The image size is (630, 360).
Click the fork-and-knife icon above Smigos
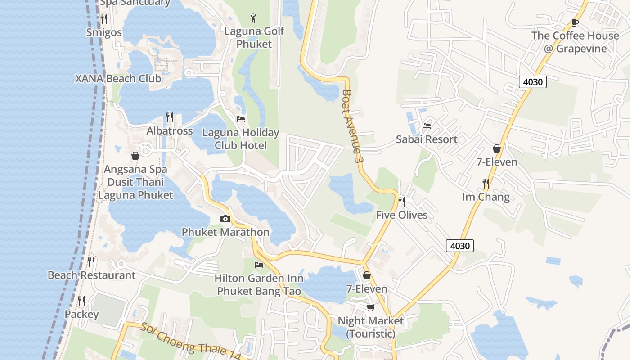click(104, 18)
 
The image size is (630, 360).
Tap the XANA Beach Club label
click(118, 78)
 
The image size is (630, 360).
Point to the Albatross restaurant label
click(170, 131)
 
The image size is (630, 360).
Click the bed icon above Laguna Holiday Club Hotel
click(241, 119)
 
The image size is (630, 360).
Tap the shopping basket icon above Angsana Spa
click(135, 156)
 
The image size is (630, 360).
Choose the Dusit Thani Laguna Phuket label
click(135, 189)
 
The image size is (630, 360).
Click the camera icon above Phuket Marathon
click(225, 219)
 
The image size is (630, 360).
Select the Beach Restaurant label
click(91, 275)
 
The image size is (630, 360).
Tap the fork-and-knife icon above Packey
click(81, 301)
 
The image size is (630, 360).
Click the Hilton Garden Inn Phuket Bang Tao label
click(259, 285)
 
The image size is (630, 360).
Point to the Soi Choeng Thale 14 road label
click(191, 342)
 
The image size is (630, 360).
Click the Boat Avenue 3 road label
click(352, 126)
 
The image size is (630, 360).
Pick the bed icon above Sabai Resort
click(427, 126)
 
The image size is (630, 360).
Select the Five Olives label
click(402, 215)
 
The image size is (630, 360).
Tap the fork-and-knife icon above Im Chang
click(486, 183)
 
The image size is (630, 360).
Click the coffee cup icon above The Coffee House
click(575, 22)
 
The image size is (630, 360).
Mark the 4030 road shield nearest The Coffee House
click(533, 82)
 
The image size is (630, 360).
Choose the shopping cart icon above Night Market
click(370, 307)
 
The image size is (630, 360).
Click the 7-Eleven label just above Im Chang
click(497, 162)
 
